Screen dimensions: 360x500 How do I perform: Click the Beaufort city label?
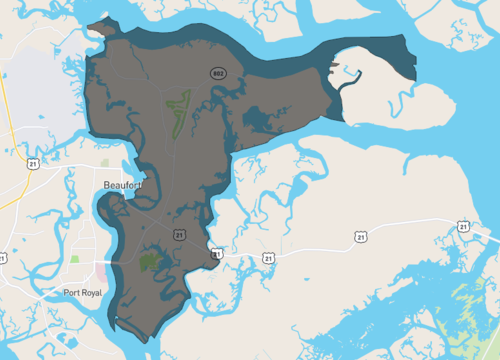[x=123, y=185]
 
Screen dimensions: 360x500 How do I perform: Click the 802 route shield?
[x=216, y=73]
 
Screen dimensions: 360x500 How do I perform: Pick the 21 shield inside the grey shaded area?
[x=177, y=233]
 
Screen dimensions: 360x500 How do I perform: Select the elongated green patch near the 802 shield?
[x=177, y=112]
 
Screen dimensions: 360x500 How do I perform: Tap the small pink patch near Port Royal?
[x=108, y=272]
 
